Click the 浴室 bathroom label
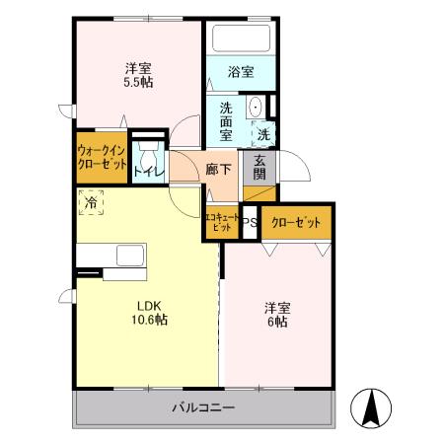(x=241, y=72)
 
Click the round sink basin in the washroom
(x=255, y=108)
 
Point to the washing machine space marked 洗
(x=263, y=133)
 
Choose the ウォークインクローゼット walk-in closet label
(x=102, y=158)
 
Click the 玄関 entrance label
(x=260, y=168)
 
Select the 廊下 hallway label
(x=218, y=169)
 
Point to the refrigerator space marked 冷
(x=90, y=201)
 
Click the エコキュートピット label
(x=219, y=222)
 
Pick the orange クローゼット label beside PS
(x=296, y=223)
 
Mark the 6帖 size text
(x=276, y=322)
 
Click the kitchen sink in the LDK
(x=130, y=256)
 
